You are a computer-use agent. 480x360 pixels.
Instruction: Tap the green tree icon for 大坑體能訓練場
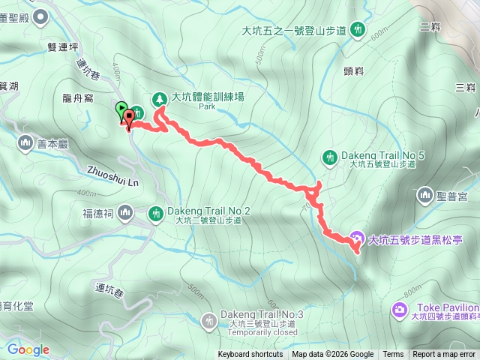coord(159,98)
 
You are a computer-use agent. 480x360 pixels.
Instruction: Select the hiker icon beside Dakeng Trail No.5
coord(329,157)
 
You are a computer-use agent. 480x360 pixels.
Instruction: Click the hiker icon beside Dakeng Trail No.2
coord(155,214)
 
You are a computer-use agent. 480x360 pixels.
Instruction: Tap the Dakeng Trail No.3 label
coord(262,314)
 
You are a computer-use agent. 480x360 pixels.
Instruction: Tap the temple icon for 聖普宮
coord(425,196)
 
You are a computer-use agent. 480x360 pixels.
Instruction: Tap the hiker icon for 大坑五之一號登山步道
coord(358,30)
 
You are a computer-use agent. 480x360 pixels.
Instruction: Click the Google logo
coord(28,349)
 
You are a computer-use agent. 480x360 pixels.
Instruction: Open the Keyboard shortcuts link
coord(250,355)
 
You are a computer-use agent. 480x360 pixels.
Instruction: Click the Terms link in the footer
coord(393,355)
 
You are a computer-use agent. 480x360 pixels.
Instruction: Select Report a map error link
coord(445,355)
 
